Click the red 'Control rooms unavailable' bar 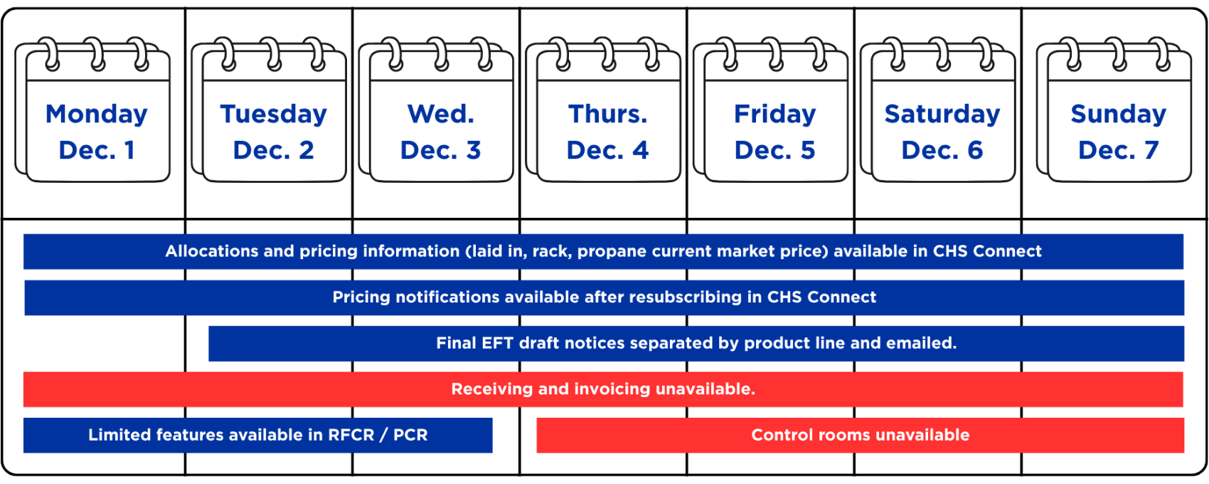coord(861,436)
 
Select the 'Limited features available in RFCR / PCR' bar coord(258,436)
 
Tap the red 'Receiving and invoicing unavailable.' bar coord(603,389)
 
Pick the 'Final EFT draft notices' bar coord(696,344)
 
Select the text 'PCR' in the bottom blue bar coord(410,436)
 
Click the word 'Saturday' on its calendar coord(942,115)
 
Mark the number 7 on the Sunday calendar coord(1151,150)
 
